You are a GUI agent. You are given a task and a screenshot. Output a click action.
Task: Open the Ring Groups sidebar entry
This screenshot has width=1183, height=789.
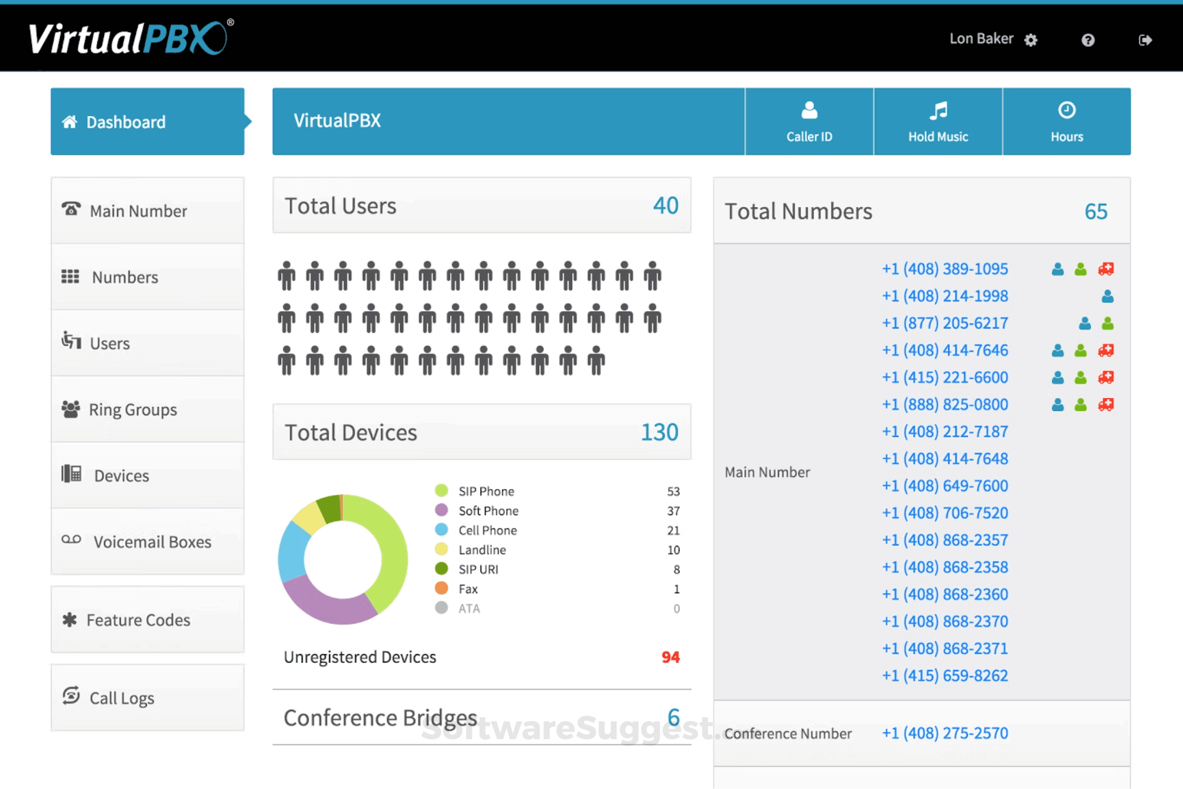pos(132,410)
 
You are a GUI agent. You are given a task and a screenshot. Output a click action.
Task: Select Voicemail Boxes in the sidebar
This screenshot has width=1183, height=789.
pos(151,542)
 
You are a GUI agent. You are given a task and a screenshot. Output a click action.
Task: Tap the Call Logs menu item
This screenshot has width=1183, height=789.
pos(122,698)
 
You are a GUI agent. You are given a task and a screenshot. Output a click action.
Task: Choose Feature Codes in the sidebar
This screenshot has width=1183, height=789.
pos(138,620)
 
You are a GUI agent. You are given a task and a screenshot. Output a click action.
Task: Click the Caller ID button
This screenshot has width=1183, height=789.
pos(809,122)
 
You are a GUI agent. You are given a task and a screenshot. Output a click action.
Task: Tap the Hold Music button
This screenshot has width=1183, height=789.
pos(937,122)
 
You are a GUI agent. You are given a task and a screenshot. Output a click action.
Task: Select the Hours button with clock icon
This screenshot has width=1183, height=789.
pos(1066,122)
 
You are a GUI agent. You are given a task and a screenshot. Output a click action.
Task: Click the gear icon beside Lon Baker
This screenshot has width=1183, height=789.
pos(1031,41)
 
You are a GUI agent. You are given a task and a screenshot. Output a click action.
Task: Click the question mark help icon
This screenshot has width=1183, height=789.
pos(1088,41)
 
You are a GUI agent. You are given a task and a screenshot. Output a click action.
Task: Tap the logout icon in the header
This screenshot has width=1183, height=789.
pos(1145,41)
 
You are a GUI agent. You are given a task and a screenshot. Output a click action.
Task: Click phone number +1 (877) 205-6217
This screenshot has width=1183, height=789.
pos(944,323)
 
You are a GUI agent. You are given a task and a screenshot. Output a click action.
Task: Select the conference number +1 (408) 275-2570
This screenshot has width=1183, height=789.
pos(944,733)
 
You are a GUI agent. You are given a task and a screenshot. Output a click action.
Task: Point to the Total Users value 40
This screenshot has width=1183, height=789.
pos(665,206)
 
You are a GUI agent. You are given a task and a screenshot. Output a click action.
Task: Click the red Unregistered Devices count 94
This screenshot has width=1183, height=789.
pos(670,657)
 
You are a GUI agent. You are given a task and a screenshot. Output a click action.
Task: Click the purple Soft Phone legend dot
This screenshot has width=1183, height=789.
pos(441,510)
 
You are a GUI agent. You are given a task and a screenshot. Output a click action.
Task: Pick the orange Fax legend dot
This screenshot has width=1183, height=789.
pos(441,588)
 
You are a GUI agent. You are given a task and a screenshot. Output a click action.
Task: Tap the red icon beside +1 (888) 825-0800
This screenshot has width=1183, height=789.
pos(1106,405)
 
